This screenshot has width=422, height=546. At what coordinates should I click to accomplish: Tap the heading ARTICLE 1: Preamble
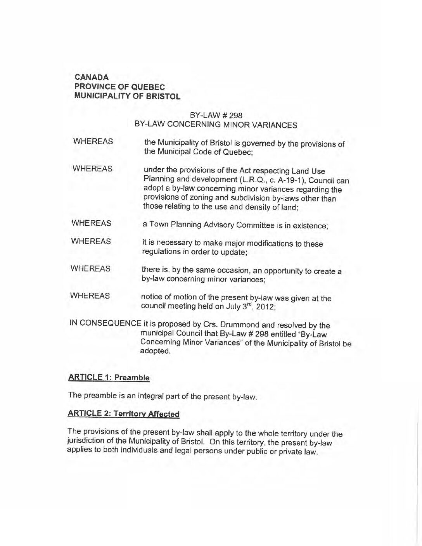pyautogui.click(x=109, y=377)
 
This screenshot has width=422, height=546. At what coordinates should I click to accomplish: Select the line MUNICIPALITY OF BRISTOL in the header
pyautogui.click(x=127, y=96)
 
